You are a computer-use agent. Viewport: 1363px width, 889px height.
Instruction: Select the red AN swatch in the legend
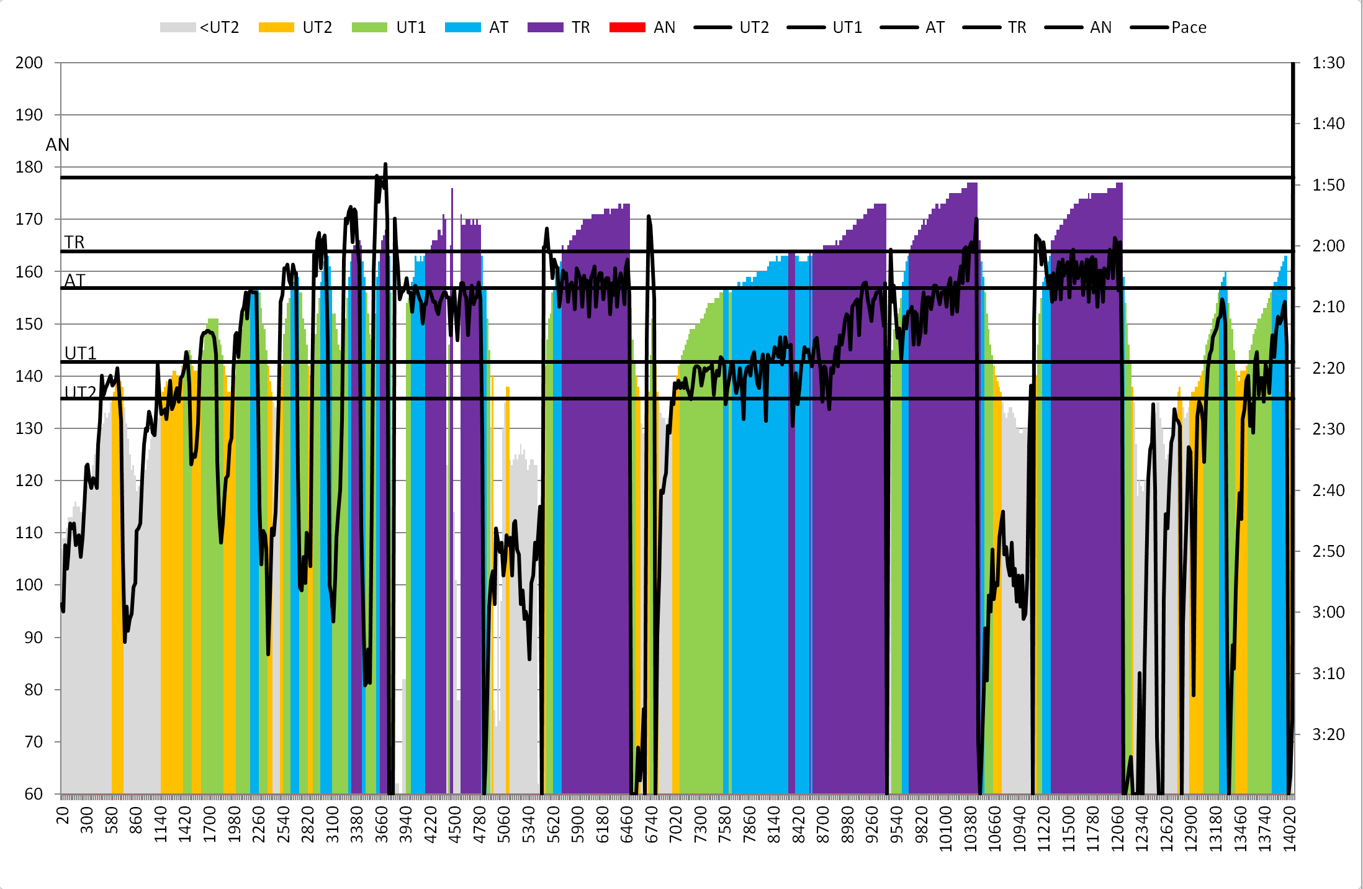coord(627,27)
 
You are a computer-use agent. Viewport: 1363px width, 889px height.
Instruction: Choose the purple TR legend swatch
coord(545,27)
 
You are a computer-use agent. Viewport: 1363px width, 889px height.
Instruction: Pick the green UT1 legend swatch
coord(369,27)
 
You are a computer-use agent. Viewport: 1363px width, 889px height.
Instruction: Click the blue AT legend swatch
coord(462,27)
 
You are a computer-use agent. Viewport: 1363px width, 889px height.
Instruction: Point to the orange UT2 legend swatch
coord(276,27)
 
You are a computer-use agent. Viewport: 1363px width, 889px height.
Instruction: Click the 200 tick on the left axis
coord(29,63)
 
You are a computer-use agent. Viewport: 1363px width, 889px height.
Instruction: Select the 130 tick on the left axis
coord(29,428)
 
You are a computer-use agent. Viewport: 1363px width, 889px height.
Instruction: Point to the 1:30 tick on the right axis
coord(1328,63)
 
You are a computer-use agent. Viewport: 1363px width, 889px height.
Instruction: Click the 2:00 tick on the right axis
coord(1328,246)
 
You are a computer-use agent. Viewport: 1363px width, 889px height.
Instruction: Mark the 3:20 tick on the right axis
coord(1328,734)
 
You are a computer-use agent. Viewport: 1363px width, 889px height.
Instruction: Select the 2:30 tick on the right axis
coord(1328,429)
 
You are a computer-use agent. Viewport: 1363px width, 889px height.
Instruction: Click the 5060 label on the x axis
coord(504,824)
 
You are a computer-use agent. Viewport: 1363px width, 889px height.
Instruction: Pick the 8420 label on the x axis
coord(798,824)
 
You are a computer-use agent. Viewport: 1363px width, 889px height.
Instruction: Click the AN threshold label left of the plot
coord(58,145)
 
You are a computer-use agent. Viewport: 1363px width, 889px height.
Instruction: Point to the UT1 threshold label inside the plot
coord(80,353)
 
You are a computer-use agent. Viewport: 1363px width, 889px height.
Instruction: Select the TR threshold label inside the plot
coord(74,242)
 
